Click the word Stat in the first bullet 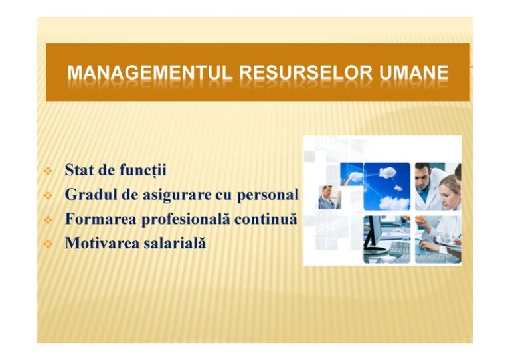pos(78,170)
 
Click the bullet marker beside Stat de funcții pos(48,171)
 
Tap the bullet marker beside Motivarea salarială pos(48,244)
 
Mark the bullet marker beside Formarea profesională pos(48,219)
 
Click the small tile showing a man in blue pos(329,197)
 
